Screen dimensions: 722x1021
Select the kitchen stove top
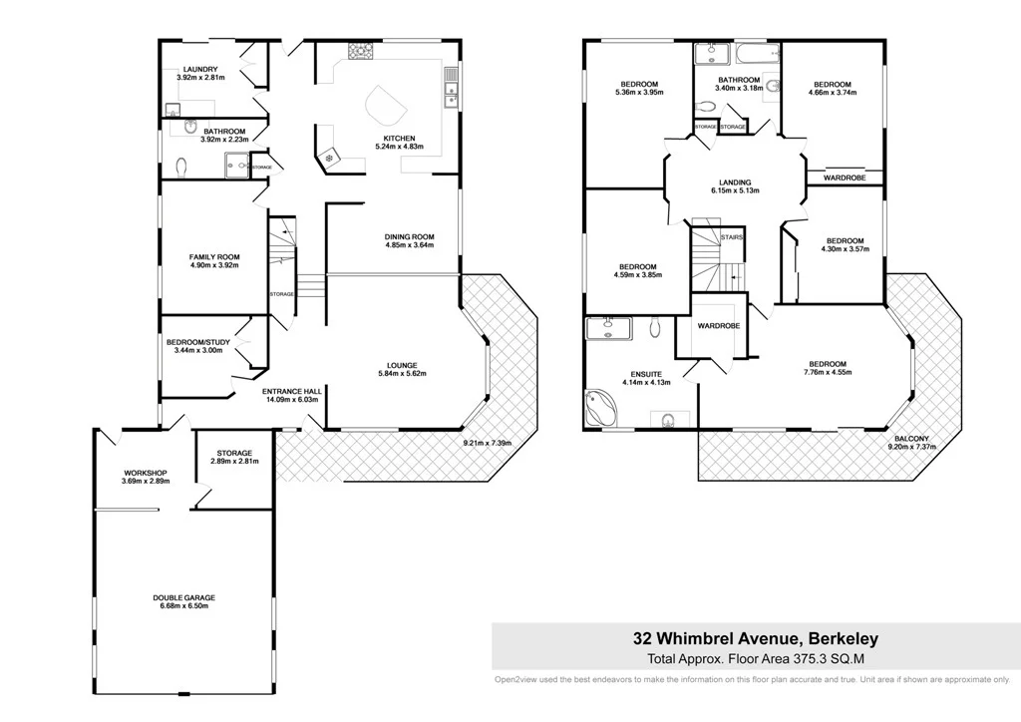(359, 51)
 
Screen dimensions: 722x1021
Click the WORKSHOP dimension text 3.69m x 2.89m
(147, 482)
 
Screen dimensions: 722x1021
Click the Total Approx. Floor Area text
(756, 658)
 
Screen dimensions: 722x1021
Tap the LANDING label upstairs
(735, 181)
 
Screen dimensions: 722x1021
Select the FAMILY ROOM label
(214, 257)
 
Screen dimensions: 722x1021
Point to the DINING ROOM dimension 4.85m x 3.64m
(410, 246)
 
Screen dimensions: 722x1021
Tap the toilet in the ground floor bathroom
(181, 167)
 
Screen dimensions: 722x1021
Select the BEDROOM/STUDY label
(198, 343)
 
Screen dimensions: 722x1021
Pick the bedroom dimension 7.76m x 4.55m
(828, 373)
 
